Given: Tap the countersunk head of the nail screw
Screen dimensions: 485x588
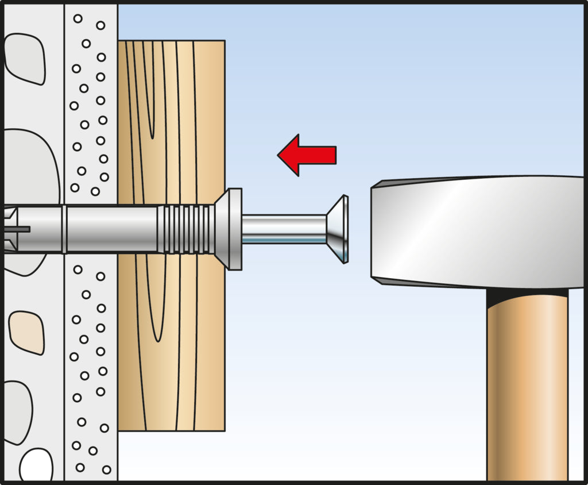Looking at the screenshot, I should [x=339, y=229].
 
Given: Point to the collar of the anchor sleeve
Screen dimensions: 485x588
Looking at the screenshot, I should [x=230, y=229].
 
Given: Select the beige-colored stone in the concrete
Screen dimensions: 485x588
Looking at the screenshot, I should [x=26, y=332].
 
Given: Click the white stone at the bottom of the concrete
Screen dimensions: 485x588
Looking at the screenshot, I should [x=36, y=465].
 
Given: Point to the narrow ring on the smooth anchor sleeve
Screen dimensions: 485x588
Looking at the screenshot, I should [x=64, y=229].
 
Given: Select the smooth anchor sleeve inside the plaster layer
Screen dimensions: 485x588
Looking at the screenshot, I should [x=109, y=229].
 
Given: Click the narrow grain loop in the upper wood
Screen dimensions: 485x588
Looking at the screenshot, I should [x=150, y=98].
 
